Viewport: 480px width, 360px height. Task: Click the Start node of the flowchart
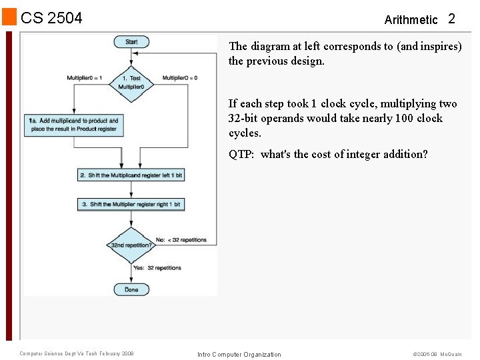[131, 42]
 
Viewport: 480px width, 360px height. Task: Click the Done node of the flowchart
[131, 289]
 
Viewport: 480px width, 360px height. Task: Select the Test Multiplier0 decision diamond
[131, 83]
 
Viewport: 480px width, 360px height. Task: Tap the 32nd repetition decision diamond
[131, 245]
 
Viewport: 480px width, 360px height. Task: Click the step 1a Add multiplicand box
[73, 125]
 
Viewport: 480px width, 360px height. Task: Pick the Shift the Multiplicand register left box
[131, 175]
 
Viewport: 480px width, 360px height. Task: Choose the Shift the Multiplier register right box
[131, 204]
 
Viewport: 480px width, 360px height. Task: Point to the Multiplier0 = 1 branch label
[84, 78]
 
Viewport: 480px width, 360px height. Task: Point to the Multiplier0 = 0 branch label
[180, 78]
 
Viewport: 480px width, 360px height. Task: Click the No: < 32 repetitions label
[181, 240]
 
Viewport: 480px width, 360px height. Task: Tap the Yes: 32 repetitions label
[157, 268]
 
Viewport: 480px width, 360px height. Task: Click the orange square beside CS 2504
[9, 17]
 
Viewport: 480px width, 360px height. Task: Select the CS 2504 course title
[52, 18]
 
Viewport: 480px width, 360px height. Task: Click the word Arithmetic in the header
[411, 20]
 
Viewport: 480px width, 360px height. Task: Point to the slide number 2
[451, 19]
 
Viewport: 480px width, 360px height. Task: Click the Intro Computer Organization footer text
[239, 354]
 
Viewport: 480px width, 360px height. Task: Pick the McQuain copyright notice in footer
[437, 354]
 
